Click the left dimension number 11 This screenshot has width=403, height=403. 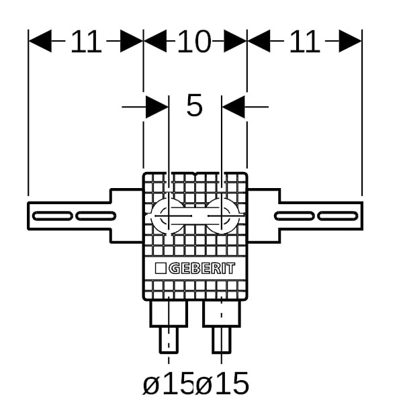(86, 43)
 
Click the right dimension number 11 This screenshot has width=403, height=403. (304, 43)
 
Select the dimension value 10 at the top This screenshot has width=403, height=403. (194, 43)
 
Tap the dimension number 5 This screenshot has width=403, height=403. (194, 105)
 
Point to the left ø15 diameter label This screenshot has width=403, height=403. (169, 384)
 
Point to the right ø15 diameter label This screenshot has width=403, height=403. (223, 384)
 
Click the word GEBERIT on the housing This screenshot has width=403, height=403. (201, 269)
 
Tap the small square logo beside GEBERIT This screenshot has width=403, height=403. (161, 269)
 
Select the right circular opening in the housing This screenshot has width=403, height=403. (222, 216)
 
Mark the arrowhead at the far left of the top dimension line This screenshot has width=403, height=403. (39, 42)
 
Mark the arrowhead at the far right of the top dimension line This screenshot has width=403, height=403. (351, 42)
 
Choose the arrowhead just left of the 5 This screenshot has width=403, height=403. (157, 105)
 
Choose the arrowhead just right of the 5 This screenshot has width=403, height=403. (232, 105)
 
